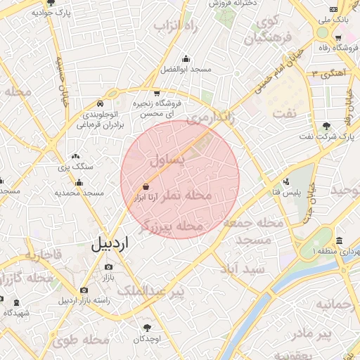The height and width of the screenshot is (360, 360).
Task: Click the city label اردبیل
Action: [x=110, y=244]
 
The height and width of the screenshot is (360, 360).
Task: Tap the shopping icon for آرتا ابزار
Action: [x=145, y=187]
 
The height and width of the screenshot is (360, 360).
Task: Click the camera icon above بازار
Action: [x=108, y=267]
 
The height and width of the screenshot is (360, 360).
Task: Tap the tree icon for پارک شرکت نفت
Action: [x=326, y=126]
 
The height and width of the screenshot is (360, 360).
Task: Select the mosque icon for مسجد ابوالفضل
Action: [x=185, y=59]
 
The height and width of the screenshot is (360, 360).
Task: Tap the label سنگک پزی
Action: [x=76, y=167]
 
